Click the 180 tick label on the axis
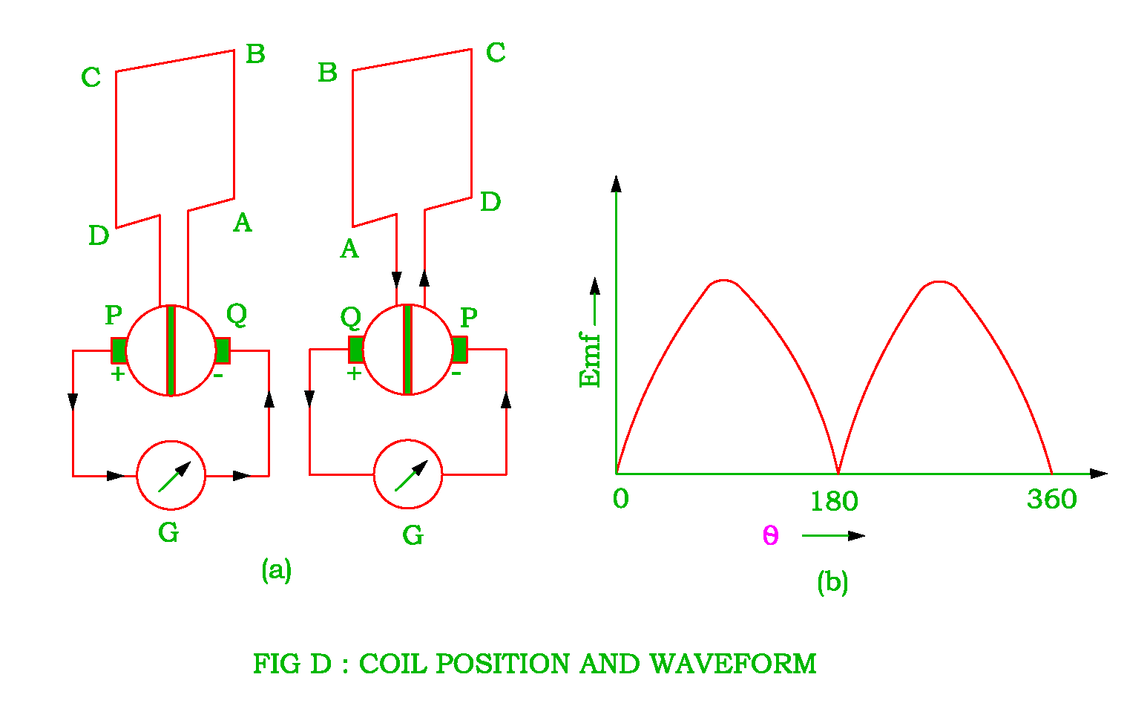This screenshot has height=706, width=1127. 834,502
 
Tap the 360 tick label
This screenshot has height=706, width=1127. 1051,499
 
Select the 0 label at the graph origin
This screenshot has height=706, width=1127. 621,499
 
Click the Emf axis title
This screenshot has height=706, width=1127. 590,360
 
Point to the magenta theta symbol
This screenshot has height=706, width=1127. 771,535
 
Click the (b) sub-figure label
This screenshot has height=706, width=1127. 832,581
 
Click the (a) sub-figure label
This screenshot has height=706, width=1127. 276,569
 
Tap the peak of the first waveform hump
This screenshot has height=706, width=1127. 723,281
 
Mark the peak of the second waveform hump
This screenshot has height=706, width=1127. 939,282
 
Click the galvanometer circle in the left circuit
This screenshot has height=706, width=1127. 171,475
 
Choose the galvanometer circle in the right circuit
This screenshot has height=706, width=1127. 408,475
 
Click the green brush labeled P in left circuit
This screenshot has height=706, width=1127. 119,350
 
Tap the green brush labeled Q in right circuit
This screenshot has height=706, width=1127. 355,349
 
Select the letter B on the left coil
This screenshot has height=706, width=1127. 255,54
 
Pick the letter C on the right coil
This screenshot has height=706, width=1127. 496,53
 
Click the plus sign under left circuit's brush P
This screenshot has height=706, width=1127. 117,374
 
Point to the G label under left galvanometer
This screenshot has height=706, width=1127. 168,532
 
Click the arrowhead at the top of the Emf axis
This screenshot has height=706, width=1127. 616,183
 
